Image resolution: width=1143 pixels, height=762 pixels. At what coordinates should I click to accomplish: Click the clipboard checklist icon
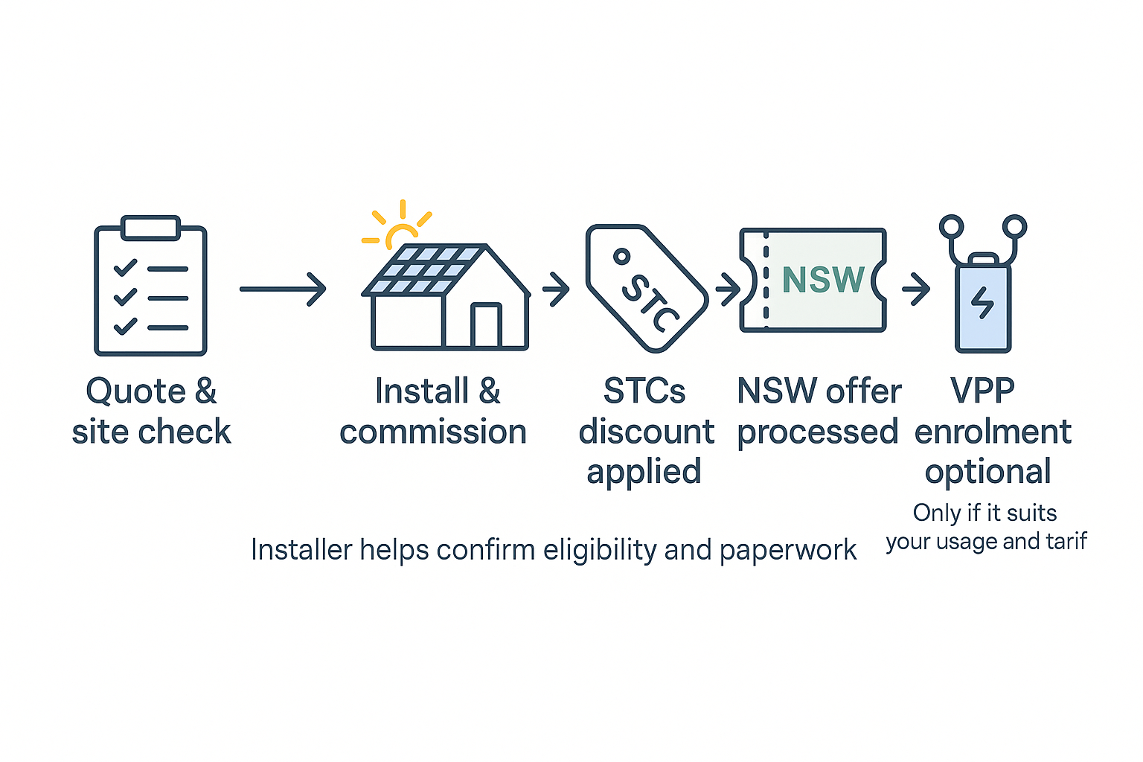point(150,286)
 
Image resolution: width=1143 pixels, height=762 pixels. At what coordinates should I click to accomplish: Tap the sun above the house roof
point(403,232)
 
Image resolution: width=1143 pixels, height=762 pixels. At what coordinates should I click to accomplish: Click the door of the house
point(486,325)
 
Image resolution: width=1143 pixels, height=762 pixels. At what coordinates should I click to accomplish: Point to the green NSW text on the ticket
point(823,280)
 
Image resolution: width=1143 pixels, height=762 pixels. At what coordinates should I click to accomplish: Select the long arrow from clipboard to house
point(283,289)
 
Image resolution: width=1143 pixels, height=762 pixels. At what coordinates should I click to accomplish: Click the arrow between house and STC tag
point(556,289)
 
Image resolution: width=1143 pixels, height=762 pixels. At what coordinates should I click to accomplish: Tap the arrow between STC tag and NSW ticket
point(727,289)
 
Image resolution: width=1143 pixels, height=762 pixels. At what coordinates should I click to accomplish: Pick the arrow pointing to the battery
point(916,289)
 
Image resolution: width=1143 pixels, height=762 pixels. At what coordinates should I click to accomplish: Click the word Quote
point(135,392)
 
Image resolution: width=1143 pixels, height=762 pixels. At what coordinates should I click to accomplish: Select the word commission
point(433,432)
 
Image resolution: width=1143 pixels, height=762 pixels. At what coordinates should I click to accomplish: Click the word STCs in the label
point(644,391)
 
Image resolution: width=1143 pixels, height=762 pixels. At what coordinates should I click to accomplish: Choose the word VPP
point(982,391)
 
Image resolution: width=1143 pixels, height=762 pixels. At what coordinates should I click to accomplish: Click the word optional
point(987,473)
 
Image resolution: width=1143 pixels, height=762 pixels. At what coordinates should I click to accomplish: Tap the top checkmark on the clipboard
point(125,267)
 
